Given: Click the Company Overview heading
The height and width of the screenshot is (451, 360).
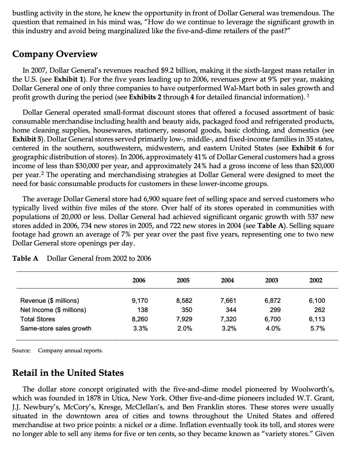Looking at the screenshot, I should coord(55,54).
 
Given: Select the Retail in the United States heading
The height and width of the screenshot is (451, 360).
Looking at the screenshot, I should coord(68,373).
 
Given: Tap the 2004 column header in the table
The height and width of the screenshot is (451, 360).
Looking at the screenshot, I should coord(227,280).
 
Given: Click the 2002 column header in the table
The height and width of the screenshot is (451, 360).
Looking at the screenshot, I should coord(316,280).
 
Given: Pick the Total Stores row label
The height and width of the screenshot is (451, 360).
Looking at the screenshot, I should coord(38,319).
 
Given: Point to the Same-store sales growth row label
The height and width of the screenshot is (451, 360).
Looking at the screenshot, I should coord(56,328).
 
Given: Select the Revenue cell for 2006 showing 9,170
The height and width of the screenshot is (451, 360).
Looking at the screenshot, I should coord(140,301).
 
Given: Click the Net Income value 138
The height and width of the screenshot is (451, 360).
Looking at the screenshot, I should coord(143,310).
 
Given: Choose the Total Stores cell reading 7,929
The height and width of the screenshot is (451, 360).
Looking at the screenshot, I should coord(184,319).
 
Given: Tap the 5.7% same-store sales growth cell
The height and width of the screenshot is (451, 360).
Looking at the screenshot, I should coord(317,328).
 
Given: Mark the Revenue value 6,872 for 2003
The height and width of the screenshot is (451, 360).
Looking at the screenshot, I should coord(273,301).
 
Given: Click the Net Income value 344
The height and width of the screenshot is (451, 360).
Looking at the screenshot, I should coord(231,310).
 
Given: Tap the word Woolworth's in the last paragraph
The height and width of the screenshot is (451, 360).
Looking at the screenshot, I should coord(313,389).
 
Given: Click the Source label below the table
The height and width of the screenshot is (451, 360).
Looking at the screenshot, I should coord(21,351).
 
